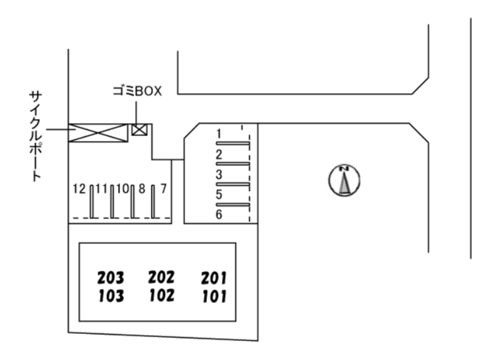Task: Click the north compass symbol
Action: click(344, 180)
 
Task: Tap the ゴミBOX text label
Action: click(136, 91)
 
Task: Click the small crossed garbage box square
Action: click(139, 129)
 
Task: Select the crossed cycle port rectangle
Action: click(97, 132)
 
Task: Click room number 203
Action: click(110, 277)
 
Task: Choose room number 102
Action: click(161, 295)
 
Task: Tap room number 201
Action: click(214, 277)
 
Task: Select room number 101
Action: click(214, 296)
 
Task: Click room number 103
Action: click(111, 296)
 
